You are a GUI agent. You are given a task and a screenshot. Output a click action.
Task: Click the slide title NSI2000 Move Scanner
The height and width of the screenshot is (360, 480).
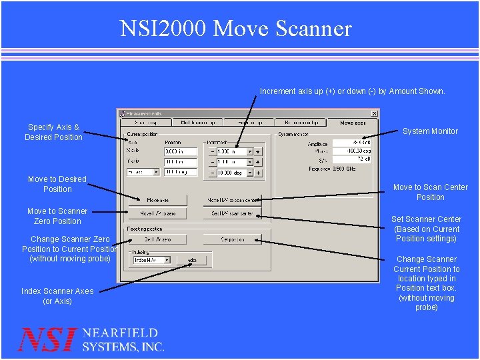[235, 29]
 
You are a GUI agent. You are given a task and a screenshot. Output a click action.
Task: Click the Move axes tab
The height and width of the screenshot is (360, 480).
[353, 123]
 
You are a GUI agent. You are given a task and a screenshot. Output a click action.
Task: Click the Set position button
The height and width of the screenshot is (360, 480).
[232, 239]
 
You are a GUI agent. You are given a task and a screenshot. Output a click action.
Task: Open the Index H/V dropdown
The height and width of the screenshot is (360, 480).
[167, 260]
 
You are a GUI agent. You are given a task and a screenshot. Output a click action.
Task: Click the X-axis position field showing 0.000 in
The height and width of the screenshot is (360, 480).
[180, 152]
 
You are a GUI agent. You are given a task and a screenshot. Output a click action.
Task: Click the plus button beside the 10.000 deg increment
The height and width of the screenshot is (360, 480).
[259, 173]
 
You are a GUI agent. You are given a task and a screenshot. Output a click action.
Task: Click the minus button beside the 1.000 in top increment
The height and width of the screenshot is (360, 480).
[212, 152]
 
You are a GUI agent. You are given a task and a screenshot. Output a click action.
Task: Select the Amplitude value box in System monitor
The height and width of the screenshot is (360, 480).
[352, 143]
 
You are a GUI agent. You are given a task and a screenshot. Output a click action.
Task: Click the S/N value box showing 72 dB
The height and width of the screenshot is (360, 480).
[352, 159]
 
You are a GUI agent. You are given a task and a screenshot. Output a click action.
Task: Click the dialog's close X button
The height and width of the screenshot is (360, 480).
[374, 113]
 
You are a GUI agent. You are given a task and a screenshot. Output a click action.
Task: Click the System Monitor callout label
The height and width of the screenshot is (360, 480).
[430, 131]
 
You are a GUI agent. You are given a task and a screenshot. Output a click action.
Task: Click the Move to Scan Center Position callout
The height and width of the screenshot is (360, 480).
[430, 192]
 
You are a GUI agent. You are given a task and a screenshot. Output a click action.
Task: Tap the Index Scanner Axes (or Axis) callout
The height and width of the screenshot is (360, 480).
[57, 296]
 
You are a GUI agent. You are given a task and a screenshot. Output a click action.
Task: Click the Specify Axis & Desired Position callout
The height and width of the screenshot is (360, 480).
[53, 132]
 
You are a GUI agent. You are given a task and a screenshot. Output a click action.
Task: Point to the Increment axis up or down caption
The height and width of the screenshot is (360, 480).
[352, 91]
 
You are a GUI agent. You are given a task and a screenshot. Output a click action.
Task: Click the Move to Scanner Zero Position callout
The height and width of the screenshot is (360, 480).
[57, 216]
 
